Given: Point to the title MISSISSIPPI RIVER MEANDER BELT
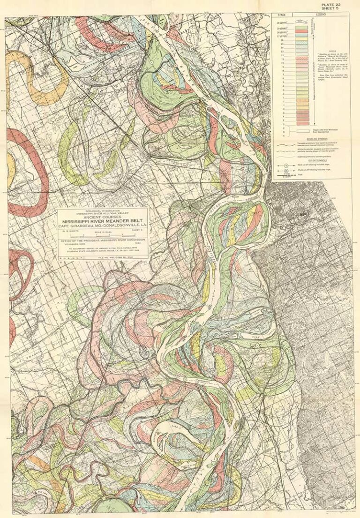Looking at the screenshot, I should (x=102, y=224).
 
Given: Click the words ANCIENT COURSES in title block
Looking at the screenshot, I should (x=102, y=218).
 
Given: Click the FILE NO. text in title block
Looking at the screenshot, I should (x=117, y=257).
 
